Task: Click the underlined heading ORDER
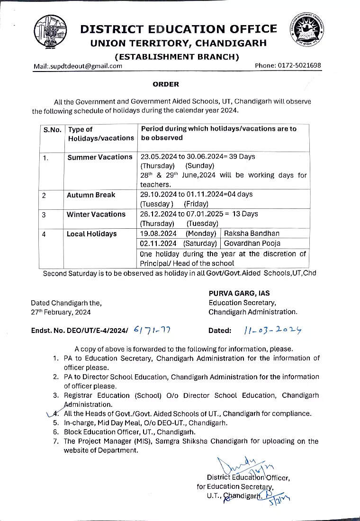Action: (166, 84)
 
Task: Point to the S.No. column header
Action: (52, 129)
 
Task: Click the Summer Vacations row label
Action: (100, 157)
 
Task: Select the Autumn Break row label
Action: (91, 195)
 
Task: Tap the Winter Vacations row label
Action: (96, 214)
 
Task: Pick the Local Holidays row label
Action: (91, 234)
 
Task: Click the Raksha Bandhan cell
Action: (252, 234)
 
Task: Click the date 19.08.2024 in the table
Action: (158, 234)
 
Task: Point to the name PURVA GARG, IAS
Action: (239, 294)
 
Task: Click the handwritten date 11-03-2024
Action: (273, 330)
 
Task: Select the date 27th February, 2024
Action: (61, 312)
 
